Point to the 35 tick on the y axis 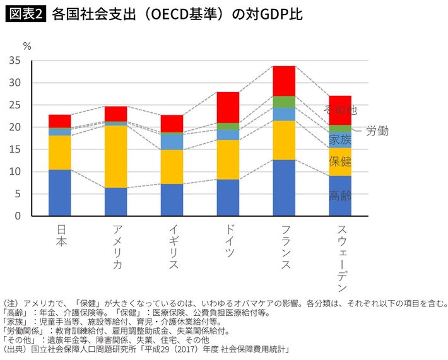16,61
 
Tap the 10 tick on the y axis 16,171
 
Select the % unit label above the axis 27,45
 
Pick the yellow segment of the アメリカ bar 115,156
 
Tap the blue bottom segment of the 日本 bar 60,193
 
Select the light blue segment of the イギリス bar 172,142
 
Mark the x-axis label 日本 60,232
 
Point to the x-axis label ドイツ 228,239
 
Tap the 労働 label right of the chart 377,131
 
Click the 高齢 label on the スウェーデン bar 341,195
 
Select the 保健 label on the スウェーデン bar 341,161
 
